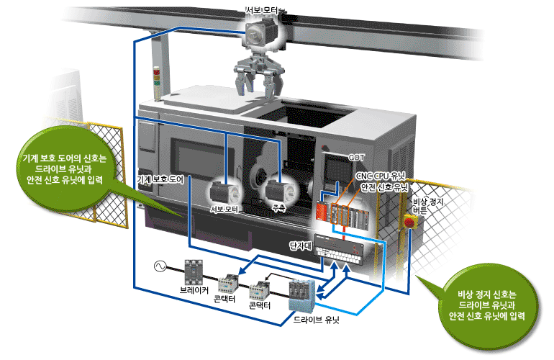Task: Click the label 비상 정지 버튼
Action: point(425,207)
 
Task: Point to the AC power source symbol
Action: point(159,268)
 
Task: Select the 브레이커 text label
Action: point(194,291)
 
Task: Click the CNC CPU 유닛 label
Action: point(381,175)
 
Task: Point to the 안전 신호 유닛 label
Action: point(384,186)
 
